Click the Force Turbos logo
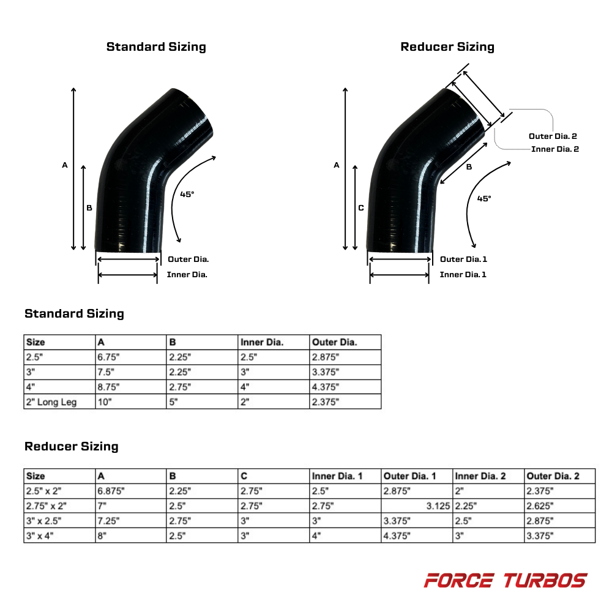coord(506,580)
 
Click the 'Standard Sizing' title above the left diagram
coord(156,47)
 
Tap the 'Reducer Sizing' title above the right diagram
coord(447,47)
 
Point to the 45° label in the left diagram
coord(187,194)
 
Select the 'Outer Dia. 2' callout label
coord(553,136)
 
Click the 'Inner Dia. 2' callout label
coord(555,149)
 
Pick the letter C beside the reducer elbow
coord(361,208)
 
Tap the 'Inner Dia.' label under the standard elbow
coord(187,275)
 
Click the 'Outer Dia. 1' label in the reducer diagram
coord(463,259)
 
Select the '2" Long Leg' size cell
coord(51,402)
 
